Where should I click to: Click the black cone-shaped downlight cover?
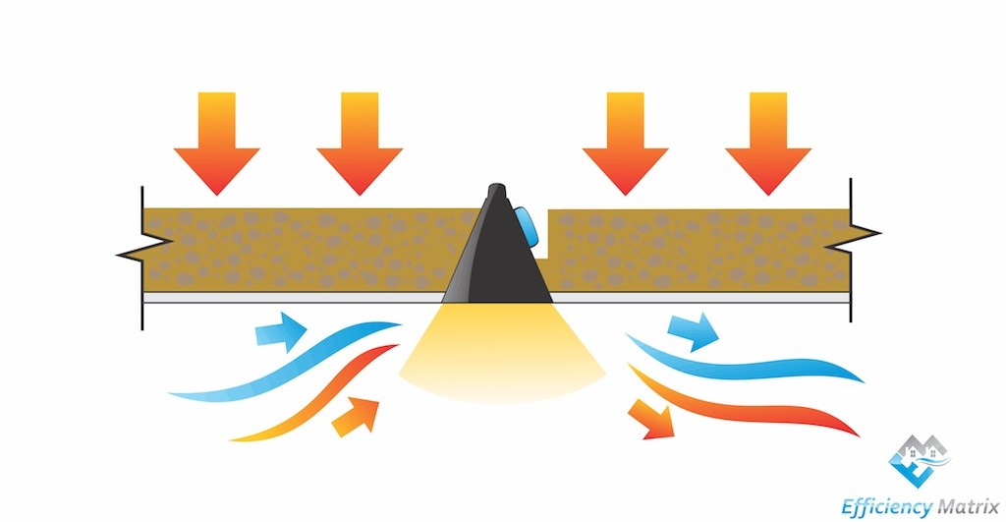tap(497, 257)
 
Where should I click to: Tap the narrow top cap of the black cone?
tap(496, 192)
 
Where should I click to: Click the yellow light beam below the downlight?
tap(502, 353)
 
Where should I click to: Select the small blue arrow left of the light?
tap(281, 331)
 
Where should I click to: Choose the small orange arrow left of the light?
tap(357, 417)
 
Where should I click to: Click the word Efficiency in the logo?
tap(887, 506)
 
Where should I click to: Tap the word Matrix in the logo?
tap(969, 505)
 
